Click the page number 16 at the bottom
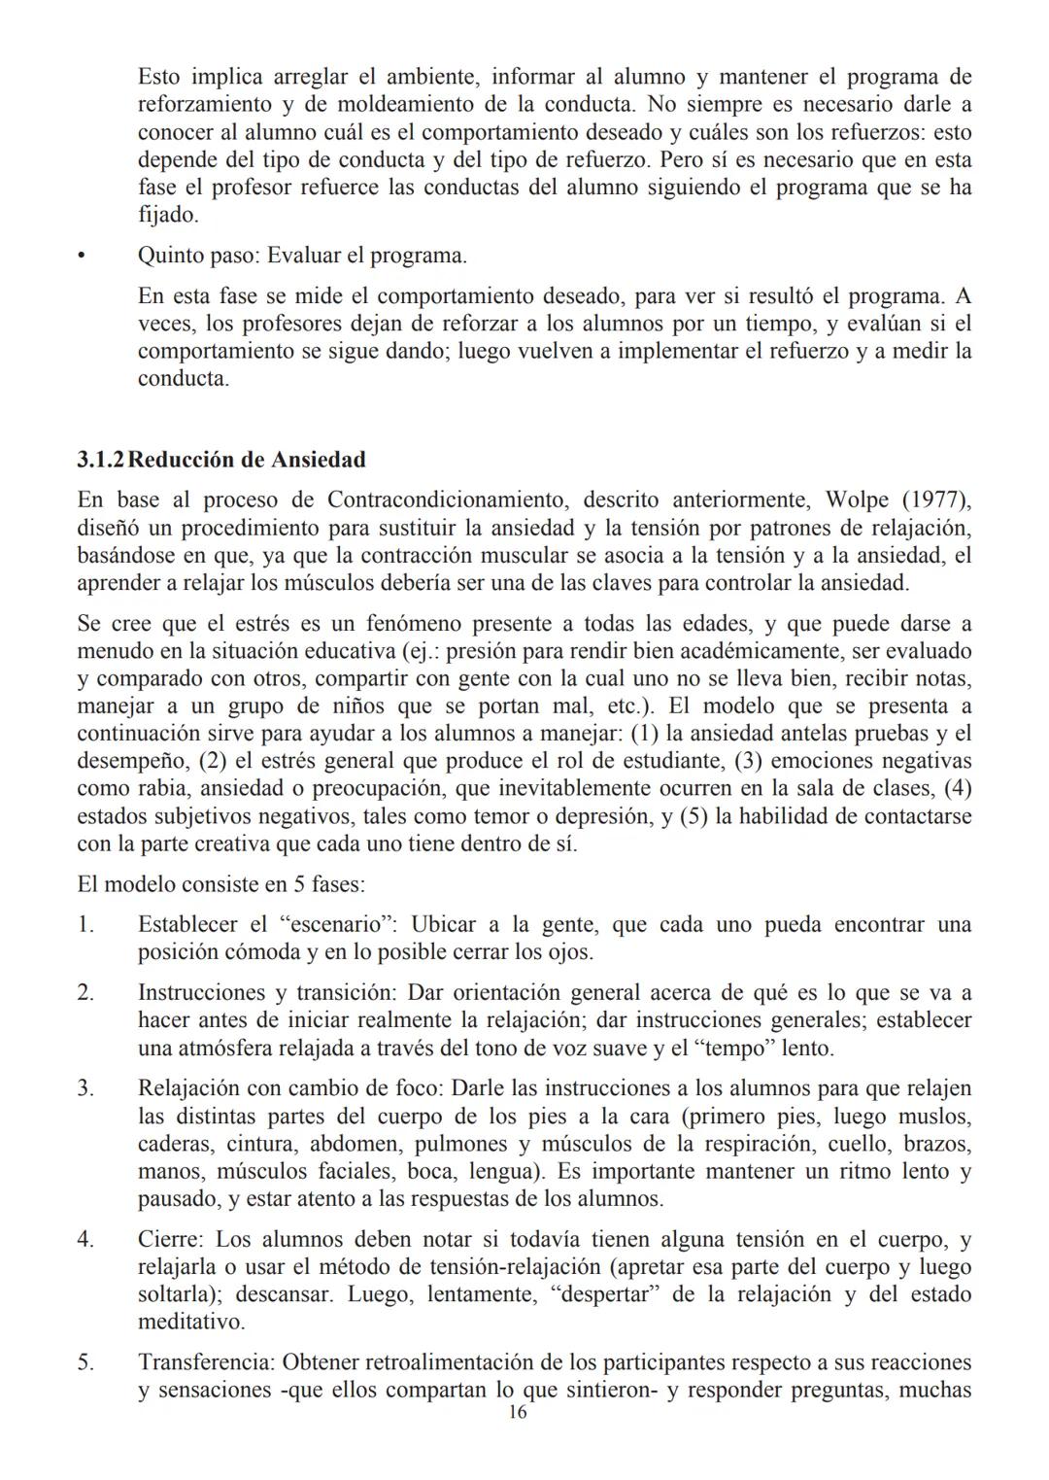point(518,1413)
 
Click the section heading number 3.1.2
point(101,459)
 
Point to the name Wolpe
point(856,500)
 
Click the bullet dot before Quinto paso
point(83,257)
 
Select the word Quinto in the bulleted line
point(170,257)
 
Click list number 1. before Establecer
point(86,925)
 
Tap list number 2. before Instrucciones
point(86,993)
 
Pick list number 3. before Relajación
point(86,1089)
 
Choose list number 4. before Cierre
point(86,1240)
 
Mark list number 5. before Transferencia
point(86,1363)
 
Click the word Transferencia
point(205,1363)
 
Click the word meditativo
point(190,1322)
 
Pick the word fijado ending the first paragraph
point(167,215)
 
